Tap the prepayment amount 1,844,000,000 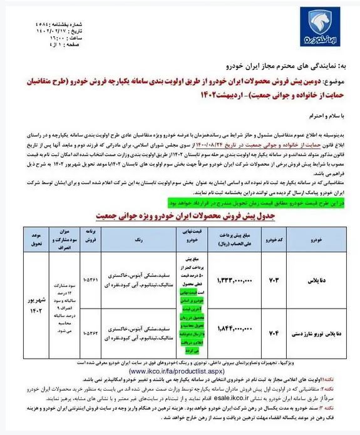[225, 327]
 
